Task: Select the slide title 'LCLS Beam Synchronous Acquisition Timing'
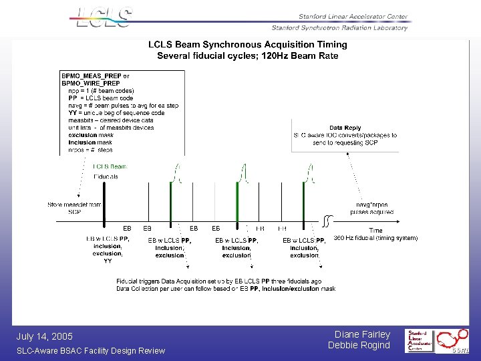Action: [x=247, y=45]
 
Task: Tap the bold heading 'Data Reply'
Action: [x=345, y=128]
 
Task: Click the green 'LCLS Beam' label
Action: [x=110, y=166]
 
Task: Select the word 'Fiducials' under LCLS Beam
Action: [x=106, y=176]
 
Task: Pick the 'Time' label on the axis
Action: [x=375, y=231]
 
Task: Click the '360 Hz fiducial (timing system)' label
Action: [x=375, y=238]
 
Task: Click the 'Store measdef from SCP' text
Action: [x=74, y=208]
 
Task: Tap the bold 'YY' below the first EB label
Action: [x=108, y=261]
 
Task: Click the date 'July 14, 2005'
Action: [x=44, y=336]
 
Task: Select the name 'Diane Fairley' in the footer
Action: [x=362, y=334]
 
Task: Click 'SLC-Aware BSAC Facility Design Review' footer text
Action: [x=91, y=351]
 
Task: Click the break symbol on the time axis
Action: [x=327, y=219]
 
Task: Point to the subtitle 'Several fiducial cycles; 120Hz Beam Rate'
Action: [x=247, y=55]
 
